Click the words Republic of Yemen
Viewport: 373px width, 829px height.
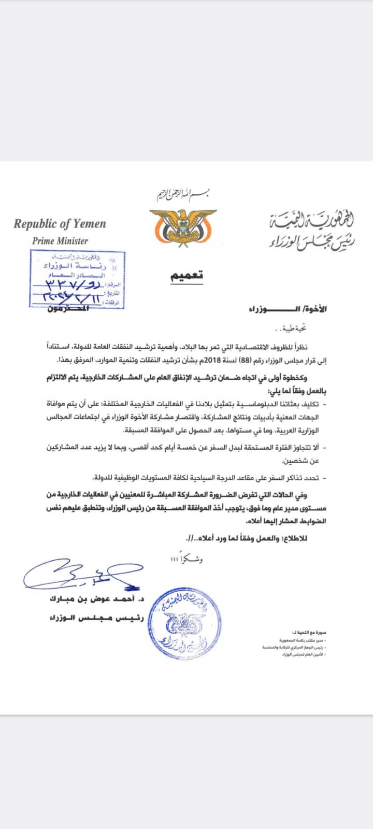tap(60, 224)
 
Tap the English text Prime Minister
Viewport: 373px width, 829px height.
tap(60, 241)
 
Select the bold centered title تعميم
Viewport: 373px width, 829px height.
tap(187, 275)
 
